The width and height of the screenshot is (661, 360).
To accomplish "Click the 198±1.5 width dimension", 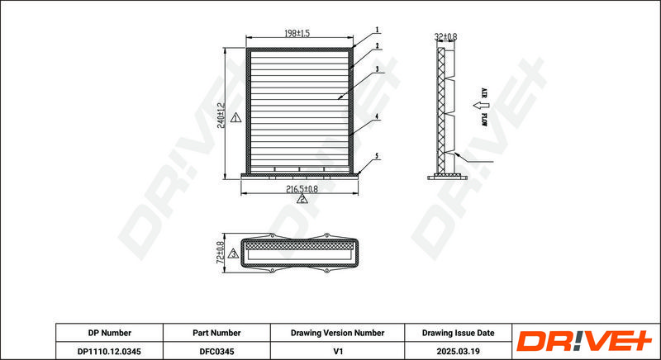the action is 297,33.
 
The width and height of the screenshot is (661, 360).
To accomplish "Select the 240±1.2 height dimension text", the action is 221,116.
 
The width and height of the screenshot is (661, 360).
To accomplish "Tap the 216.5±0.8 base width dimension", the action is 302,189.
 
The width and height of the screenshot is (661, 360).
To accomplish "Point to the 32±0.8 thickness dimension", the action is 445,37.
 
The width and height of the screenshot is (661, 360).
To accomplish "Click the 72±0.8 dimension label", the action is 220,253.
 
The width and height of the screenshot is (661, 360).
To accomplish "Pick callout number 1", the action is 378,30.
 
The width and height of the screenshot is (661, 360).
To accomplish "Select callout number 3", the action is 378,69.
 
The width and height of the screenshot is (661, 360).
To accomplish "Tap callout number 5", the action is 377,156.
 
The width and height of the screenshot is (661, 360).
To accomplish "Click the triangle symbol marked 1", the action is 235,118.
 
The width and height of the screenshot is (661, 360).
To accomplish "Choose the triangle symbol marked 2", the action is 302,199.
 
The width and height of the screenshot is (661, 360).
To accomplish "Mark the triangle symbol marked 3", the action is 233,253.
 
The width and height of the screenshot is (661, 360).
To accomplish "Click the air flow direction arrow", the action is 478,105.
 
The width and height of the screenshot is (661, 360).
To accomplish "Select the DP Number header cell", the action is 110,333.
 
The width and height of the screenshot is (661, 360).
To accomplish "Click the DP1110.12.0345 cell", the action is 110,351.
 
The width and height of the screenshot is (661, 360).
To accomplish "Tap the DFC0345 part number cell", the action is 216,351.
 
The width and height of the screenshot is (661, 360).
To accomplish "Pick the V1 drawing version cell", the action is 337,351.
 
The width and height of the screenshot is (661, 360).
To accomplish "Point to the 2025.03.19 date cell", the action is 459,351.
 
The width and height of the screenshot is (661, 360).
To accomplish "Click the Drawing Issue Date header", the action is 459,333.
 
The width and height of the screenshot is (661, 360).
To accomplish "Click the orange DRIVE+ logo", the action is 584,341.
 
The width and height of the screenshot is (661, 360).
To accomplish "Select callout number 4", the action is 377,116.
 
